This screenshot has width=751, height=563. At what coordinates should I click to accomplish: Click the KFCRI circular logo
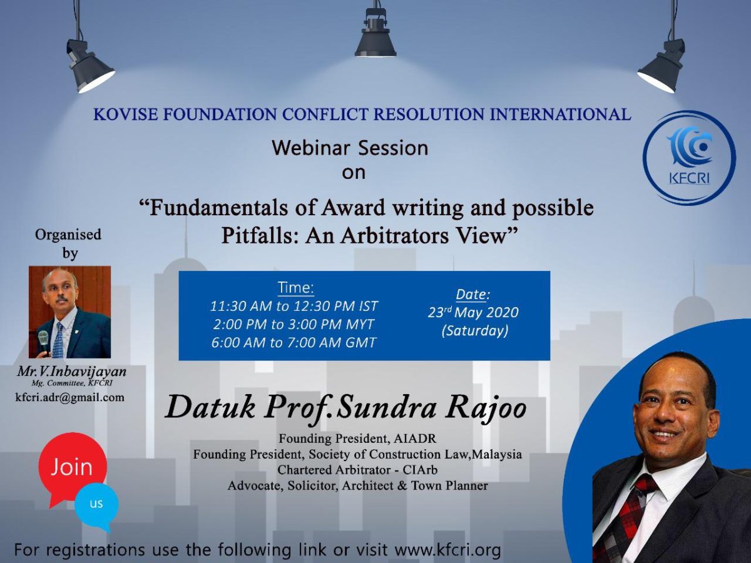[689, 158]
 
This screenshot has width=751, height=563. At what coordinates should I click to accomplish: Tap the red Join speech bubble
[71, 467]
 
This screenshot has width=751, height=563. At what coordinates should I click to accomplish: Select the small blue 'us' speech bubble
[96, 504]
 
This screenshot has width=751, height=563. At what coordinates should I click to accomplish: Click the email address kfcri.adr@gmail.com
[69, 397]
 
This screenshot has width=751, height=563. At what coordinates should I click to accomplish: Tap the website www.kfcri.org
[448, 550]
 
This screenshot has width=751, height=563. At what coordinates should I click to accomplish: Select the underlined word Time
[295, 288]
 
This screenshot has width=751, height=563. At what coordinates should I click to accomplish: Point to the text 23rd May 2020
[473, 312]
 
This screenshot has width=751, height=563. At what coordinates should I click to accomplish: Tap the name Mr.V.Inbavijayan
[71, 372]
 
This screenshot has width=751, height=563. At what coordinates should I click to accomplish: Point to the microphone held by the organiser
[43, 342]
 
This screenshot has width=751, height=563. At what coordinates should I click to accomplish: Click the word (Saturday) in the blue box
[474, 330]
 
